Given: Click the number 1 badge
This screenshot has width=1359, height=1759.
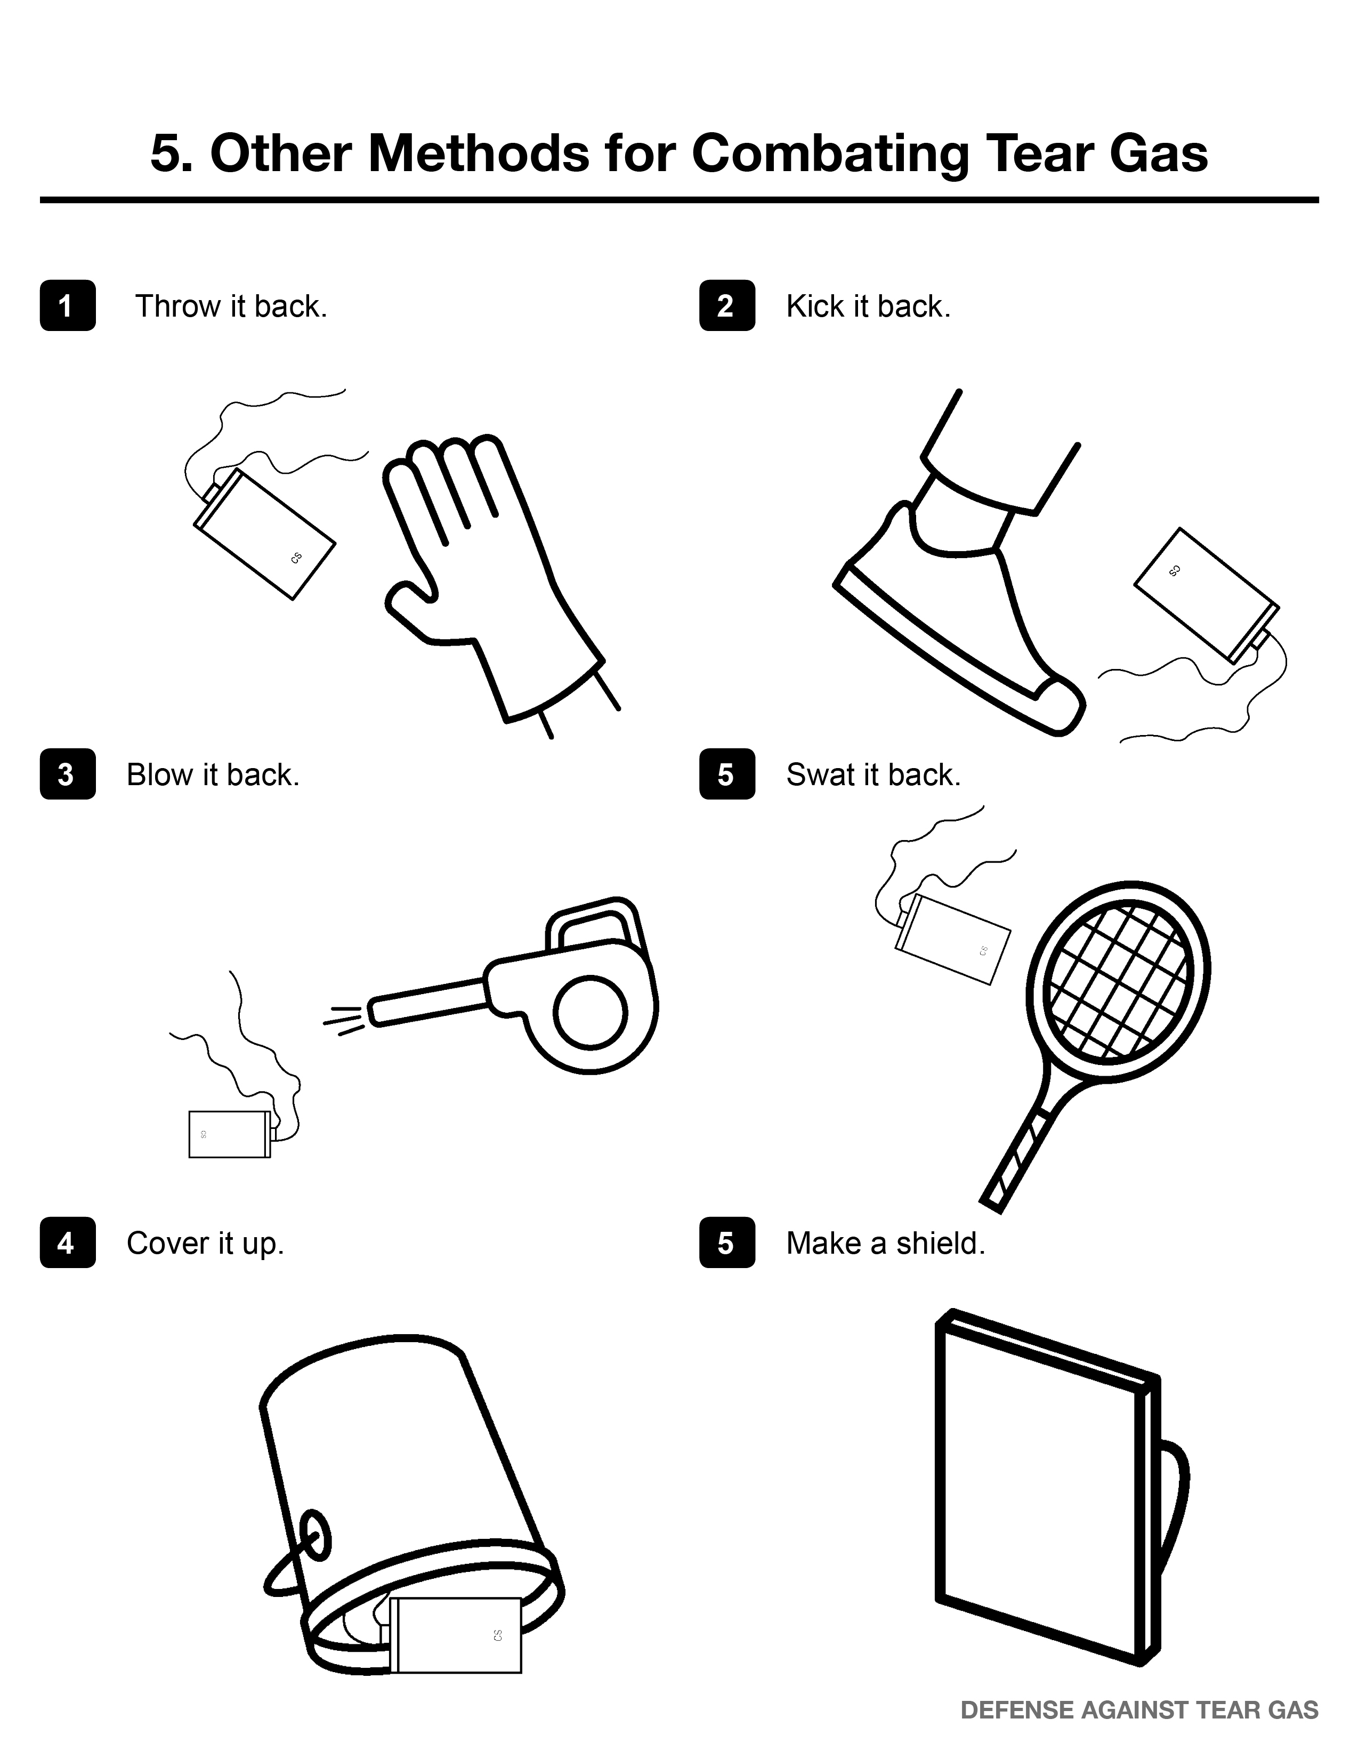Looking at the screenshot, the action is (x=68, y=305).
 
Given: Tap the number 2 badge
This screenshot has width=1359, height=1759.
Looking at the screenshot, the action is (x=727, y=305).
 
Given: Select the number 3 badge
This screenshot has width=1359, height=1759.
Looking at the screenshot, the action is (x=68, y=774).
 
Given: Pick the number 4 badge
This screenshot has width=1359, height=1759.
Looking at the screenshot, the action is (x=68, y=1242).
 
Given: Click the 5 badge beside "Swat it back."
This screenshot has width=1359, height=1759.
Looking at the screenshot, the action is (x=727, y=774).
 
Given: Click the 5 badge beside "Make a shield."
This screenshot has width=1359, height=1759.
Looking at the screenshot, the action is (x=727, y=1242).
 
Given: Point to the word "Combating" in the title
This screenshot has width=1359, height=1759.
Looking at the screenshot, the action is (x=830, y=154).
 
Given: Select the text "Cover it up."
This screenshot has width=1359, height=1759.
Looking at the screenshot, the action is (x=205, y=1244).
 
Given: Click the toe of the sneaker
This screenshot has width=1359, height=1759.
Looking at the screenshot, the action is (x=1061, y=707).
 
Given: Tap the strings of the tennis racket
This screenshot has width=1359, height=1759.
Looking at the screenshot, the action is (x=1117, y=980).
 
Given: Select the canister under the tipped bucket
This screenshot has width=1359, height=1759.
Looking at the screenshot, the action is (x=456, y=1634).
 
